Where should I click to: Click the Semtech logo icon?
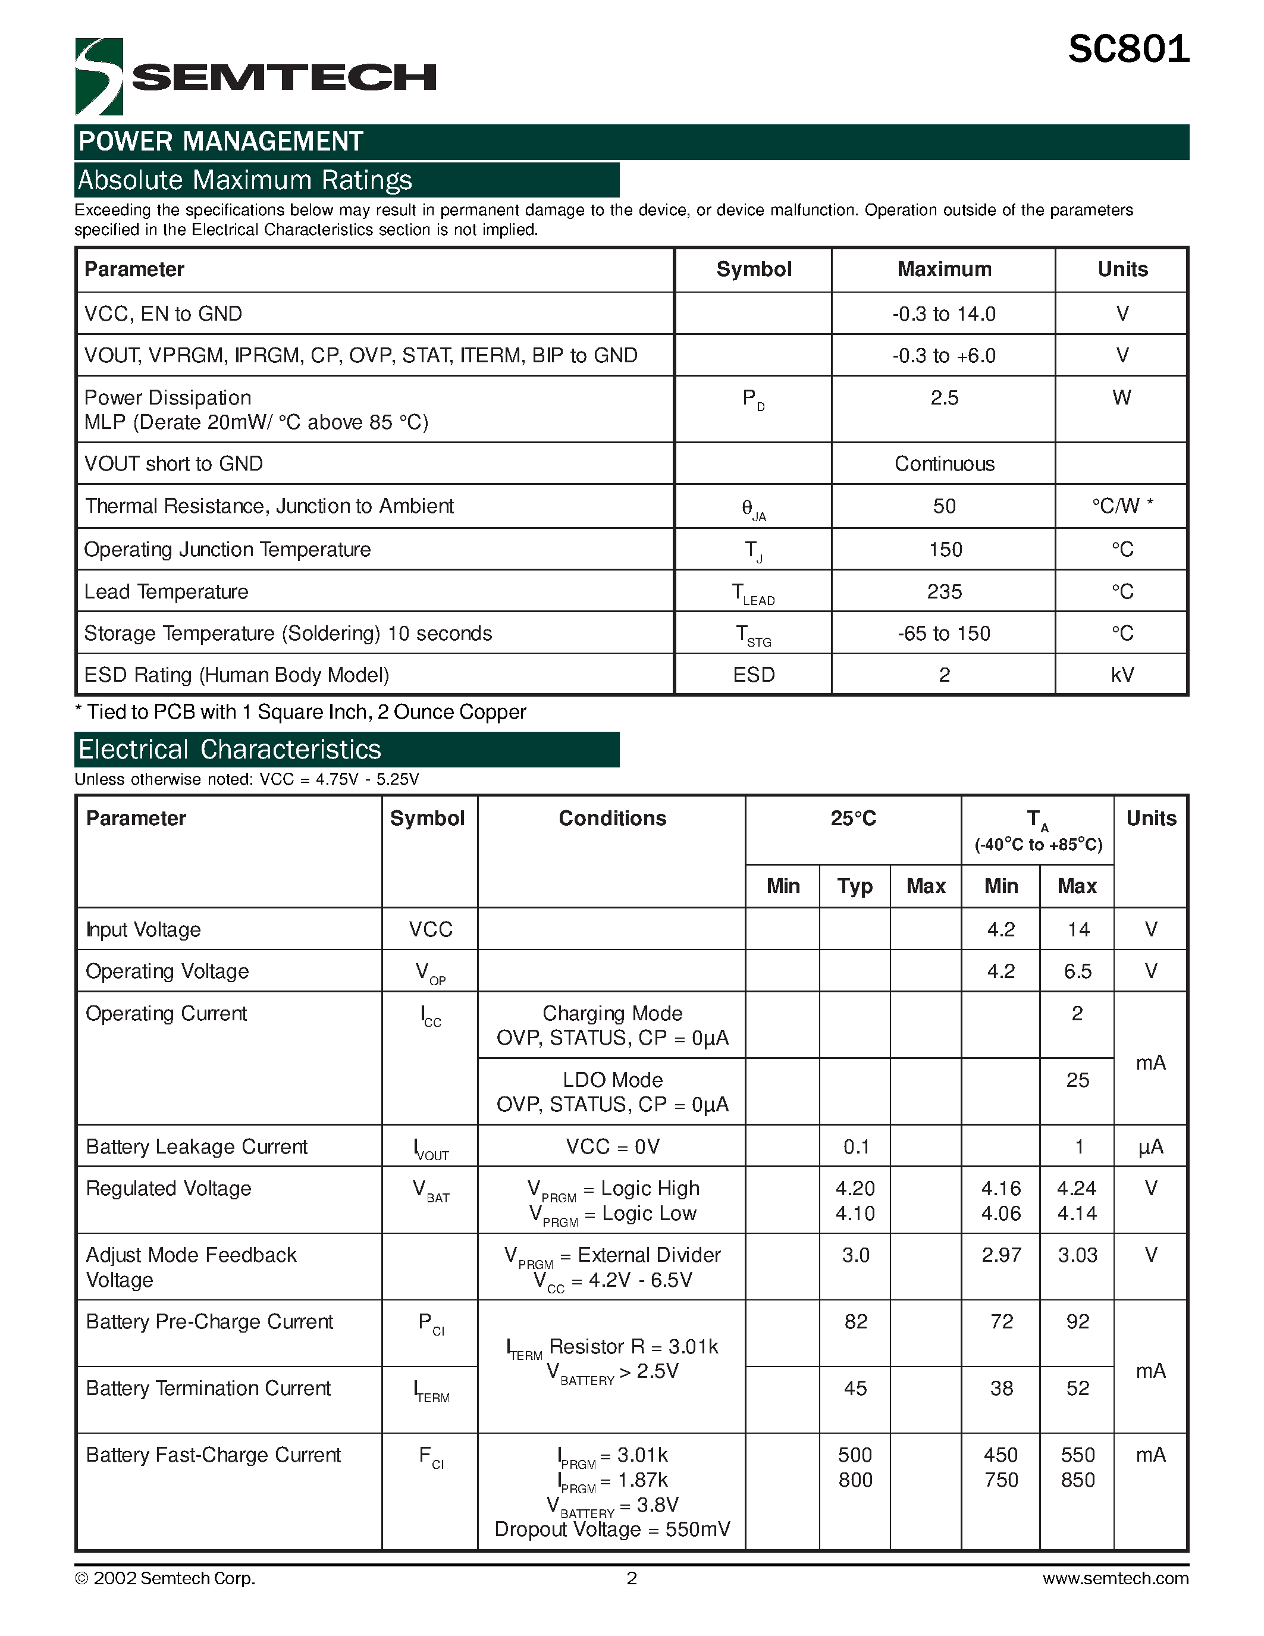[x=99, y=76]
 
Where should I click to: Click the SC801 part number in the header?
[x=1128, y=49]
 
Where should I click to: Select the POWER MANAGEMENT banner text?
[x=221, y=142]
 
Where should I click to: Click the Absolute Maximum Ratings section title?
[x=245, y=180]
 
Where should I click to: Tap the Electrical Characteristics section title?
[x=230, y=750]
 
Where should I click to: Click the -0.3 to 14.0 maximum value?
[x=943, y=314]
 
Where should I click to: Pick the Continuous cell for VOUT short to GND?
[x=943, y=463]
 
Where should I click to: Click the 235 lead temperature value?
[x=943, y=592]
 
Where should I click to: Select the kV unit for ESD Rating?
[x=1122, y=675]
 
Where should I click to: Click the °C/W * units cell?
[x=1122, y=506]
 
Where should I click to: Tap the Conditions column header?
[x=612, y=818]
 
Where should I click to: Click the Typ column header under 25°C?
[x=854, y=886]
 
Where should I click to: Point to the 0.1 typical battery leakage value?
[x=855, y=1147]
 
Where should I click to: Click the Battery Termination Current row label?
[x=208, y=1388]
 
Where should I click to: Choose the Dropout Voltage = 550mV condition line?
[x=612, y=1530]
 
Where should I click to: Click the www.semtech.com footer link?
[x=1115, y=1578]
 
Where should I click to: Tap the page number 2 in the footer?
[x=631, y=1578]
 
